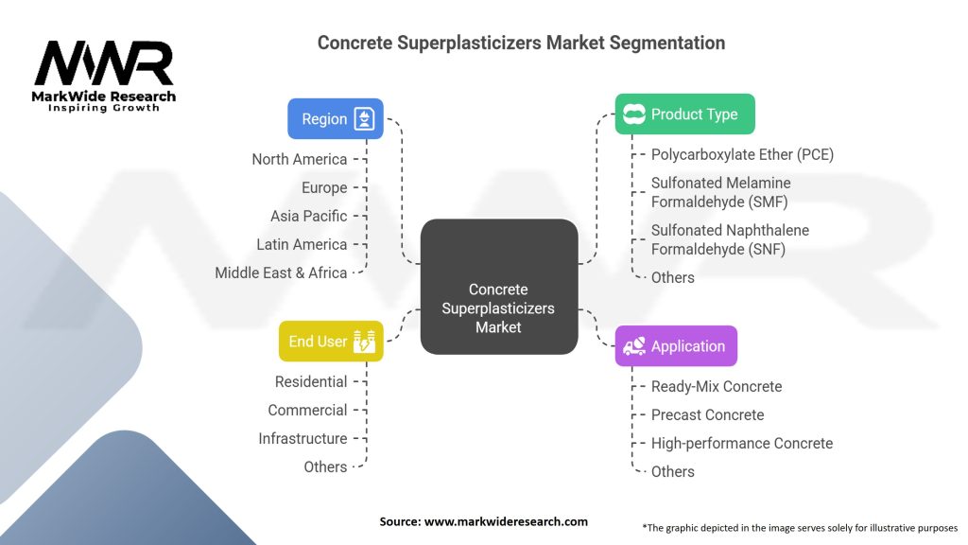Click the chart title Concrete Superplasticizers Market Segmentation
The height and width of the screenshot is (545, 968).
[x=521, y=43]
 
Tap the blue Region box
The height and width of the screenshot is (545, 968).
[x=336, y=119]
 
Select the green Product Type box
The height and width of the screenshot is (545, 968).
[x=684, y=114]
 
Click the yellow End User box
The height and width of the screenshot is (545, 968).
[x=331, y=341]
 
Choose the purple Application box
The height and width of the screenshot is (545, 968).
[x=676, y=346]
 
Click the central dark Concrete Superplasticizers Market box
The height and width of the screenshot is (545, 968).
[x=498, y=308]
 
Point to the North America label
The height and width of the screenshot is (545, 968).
[x=299, y=159]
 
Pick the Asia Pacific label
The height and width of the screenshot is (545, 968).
[x=308, y=216]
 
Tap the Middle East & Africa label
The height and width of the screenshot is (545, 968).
[x=281, y=272]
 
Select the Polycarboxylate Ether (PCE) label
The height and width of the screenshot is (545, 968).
[x=742, y=154]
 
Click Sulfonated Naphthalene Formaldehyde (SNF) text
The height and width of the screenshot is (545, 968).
[x=730, y=239]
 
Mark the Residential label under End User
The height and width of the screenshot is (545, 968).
[x=311, y=381]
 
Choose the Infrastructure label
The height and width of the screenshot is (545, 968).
[x=302, y=438]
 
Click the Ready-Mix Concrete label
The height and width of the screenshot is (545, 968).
[x=717, y=386]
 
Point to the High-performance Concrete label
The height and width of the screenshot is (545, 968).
[x=741, y=443]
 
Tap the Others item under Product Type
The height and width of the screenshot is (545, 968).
[x=672, y=277]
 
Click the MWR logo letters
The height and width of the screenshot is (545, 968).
[x=104, y=64]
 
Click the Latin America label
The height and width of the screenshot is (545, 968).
[x=302, y=244]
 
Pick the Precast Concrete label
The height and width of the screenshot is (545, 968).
[x=707, y=414]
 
